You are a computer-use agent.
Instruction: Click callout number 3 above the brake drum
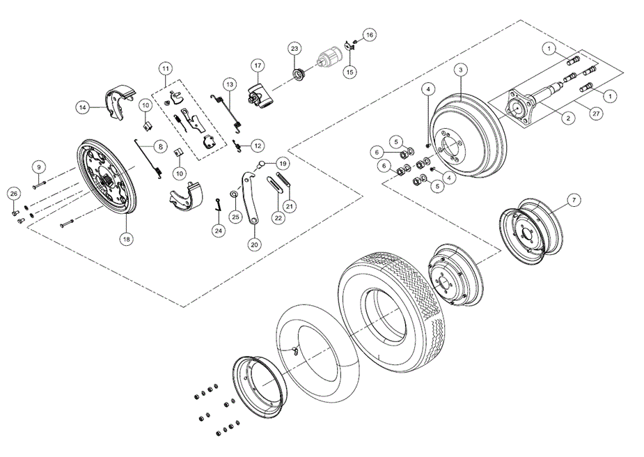461,70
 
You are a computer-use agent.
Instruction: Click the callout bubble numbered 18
126,238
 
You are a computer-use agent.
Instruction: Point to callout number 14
83,107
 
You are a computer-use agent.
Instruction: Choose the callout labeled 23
294,49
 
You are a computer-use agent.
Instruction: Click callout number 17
257,66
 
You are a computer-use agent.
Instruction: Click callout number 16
369,34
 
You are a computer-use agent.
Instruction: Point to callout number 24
219,230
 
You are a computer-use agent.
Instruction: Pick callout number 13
230,84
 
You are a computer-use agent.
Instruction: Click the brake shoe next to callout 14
118,101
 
